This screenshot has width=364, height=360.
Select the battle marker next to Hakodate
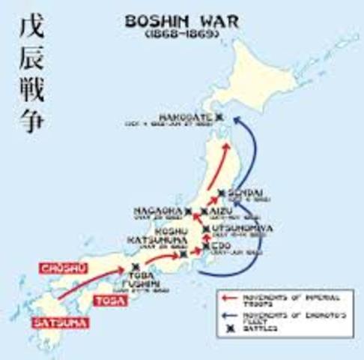[219, 117]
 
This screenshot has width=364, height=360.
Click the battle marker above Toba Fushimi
[135, 266]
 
